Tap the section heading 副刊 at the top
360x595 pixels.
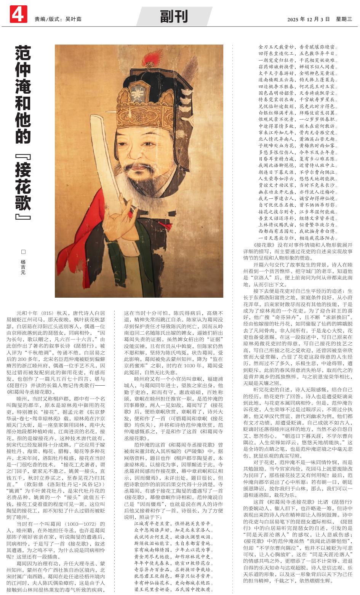pos(174,17)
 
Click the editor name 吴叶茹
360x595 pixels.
pos(74,19)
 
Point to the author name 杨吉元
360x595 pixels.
pos(23,267)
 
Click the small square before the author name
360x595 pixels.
pos(23,252)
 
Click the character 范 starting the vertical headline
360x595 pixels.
pos(23,54)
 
